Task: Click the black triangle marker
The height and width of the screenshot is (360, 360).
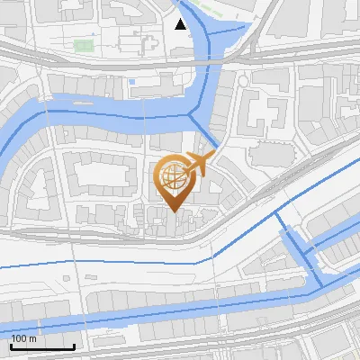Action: tap(181, 24)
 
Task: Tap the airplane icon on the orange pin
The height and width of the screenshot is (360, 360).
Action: tap(198, 165)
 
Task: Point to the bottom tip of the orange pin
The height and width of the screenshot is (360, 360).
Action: tap(173, 211)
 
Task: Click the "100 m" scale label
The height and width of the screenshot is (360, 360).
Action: tap(24, 338)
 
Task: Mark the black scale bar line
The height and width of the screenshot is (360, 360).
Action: tap(42, 346)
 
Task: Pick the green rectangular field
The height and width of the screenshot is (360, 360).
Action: tap(85, 44)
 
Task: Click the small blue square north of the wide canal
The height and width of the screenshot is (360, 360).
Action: tap(132, 82)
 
